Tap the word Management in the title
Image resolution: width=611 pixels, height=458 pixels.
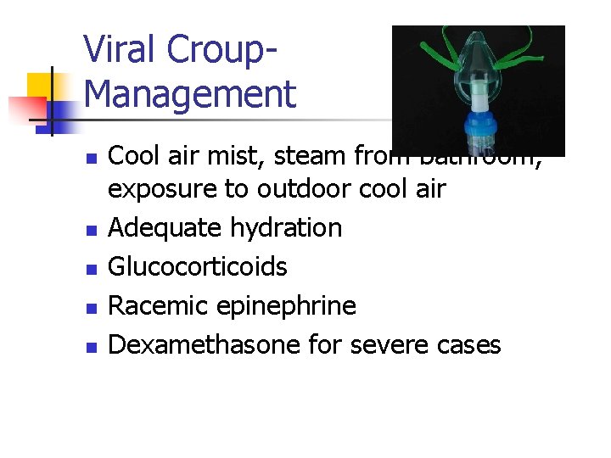coord(190,93)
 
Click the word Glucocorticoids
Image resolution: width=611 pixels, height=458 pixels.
coord(199,266)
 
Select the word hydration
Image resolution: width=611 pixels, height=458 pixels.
coord(287,228)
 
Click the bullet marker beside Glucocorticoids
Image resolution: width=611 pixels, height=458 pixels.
coord(94,268)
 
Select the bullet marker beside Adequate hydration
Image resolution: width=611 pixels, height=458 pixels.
coord(94,229)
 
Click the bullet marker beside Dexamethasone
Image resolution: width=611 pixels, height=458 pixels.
coord(94,346)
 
